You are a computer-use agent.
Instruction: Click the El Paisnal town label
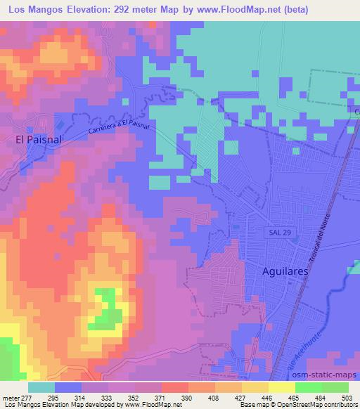[x=39, y=139]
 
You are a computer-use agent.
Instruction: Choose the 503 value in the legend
[x=347, y=397]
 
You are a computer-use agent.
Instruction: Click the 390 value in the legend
[x=187, y=397]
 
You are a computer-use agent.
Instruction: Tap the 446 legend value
[x=267, y=397]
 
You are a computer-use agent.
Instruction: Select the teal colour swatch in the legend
[x=41, y=387]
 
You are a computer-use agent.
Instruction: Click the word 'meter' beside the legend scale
[x=8, y=397]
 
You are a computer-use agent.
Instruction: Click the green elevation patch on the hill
[x=105, y=309]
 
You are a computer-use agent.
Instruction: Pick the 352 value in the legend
[x=133, y=397]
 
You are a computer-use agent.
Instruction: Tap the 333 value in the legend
[x=106, y=397]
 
